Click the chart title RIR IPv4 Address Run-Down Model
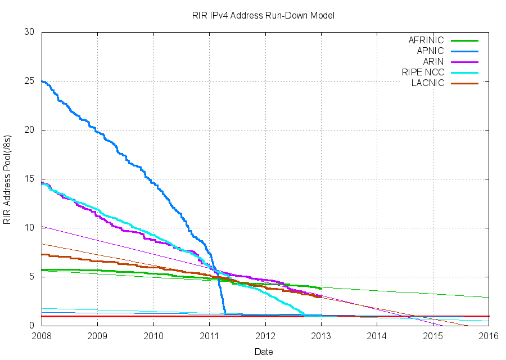point(263,15)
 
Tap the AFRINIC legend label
point(426,40)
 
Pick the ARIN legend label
point(433,62)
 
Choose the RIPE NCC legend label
point(423,73)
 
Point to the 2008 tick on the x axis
point(42,336)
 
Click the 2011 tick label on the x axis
point(209,336)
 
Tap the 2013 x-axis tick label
point(321,336)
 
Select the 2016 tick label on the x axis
point(489,336)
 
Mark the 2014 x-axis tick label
point(377,336)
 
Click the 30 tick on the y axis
point(30,33)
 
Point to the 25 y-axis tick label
point(30,82)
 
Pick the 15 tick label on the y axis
point(30,179)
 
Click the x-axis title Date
point(264,352)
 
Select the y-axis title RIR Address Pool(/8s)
point(7,179)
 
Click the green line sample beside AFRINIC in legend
point(464,40)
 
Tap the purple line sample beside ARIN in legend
point(464,62)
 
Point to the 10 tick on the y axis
point(30,228)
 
